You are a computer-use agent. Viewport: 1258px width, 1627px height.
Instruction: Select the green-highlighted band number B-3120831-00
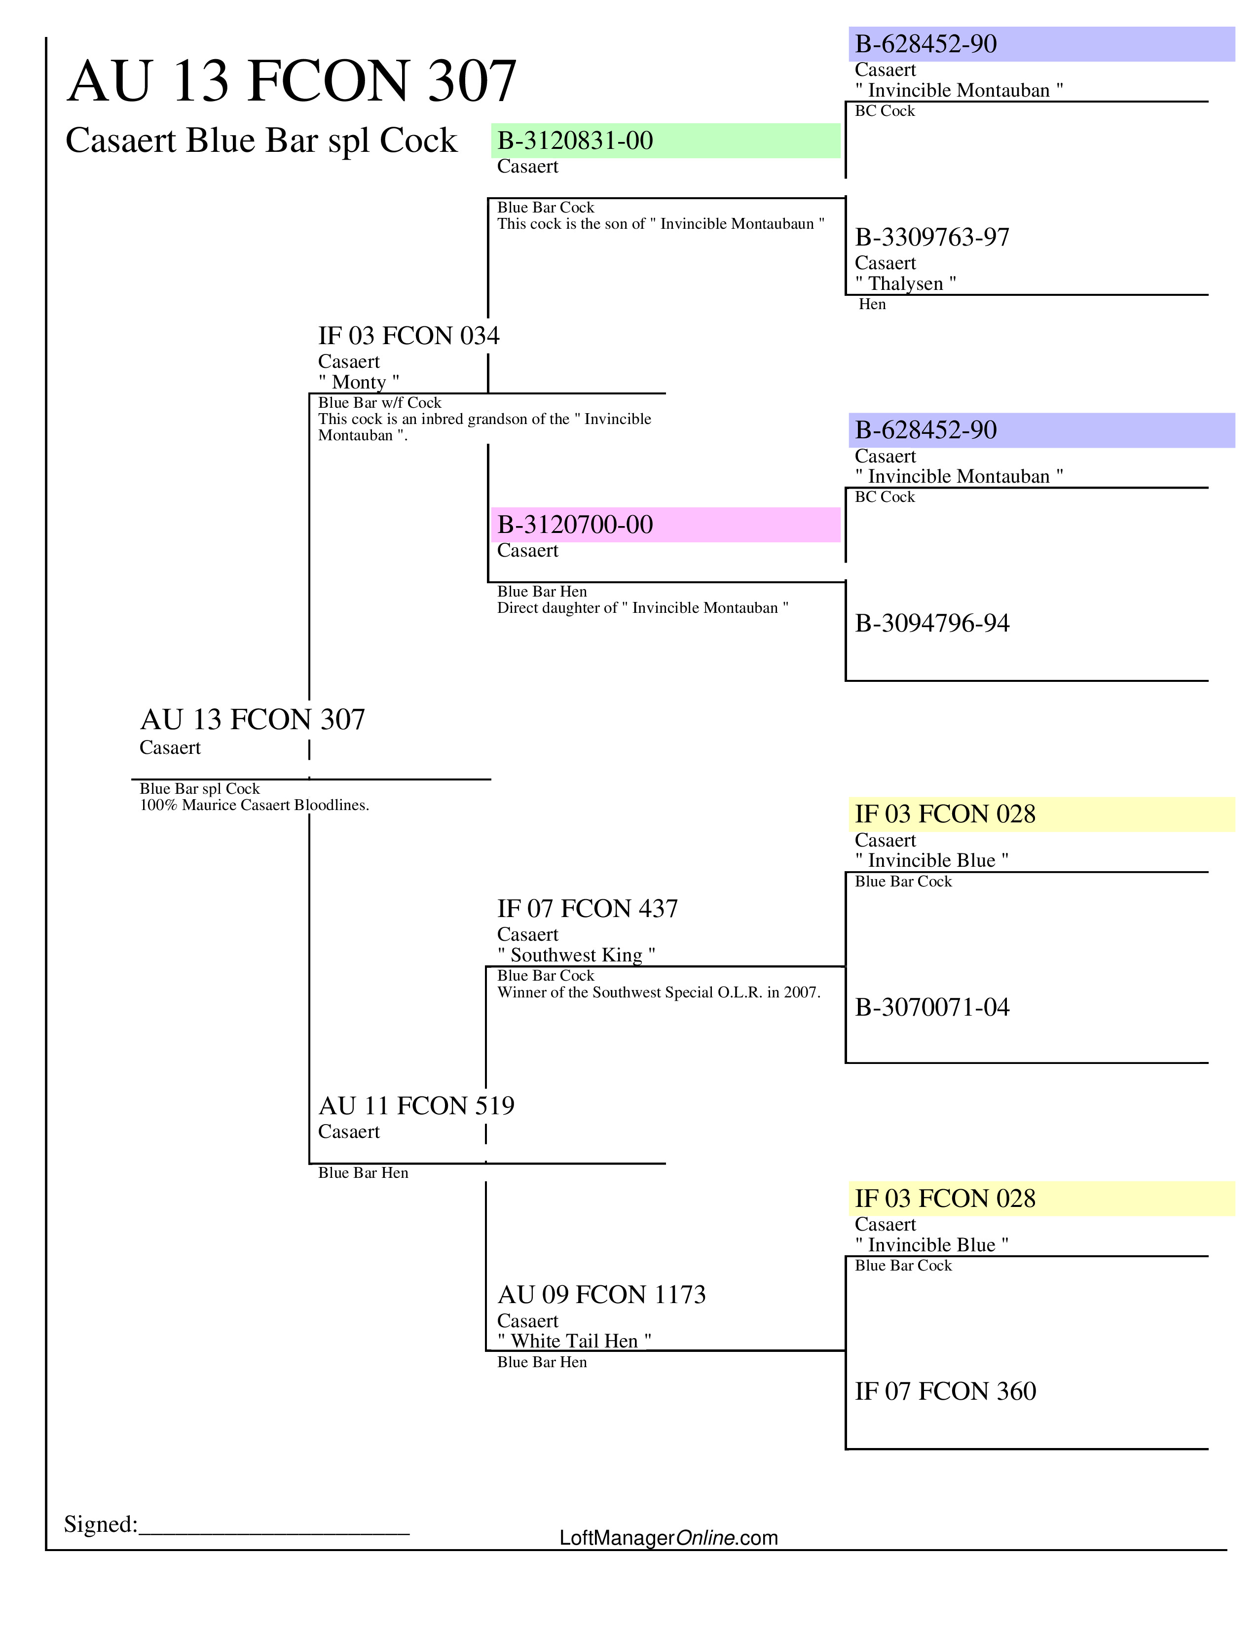tap(575, 141)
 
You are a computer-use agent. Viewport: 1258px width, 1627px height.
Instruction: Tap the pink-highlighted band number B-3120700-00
tap(575, 525)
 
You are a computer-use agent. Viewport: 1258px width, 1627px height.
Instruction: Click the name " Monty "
tap(359, 382)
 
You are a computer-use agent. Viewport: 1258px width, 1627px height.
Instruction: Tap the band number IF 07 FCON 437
tap(587, 909)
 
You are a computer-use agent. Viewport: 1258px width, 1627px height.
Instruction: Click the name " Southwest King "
tap(576, 955)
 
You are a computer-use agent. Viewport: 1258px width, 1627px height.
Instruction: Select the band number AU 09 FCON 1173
tap(601, 1295)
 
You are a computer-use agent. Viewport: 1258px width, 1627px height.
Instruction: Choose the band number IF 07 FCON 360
tap(945, 1392)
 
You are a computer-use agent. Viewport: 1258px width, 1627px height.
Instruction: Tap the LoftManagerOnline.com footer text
tap(668, 1538)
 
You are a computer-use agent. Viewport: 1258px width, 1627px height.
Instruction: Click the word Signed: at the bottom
tap(101, 1524)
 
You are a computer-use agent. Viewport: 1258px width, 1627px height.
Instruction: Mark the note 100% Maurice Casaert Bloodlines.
tap(254, 805)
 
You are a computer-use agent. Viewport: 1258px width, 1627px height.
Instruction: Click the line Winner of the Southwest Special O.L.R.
tap(658, 992)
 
